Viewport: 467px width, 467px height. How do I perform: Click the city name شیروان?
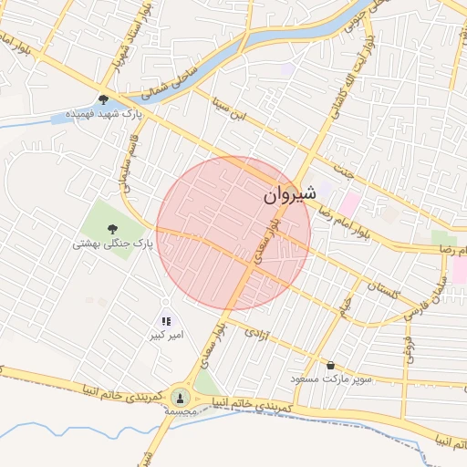(289, 194)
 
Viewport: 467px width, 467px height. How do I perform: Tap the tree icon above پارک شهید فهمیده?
(103, 99)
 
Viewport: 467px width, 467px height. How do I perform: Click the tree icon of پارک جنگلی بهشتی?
(112, 229)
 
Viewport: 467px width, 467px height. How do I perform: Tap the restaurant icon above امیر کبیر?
(166, 321)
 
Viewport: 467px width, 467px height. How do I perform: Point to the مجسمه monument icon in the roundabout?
(180, 397)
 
